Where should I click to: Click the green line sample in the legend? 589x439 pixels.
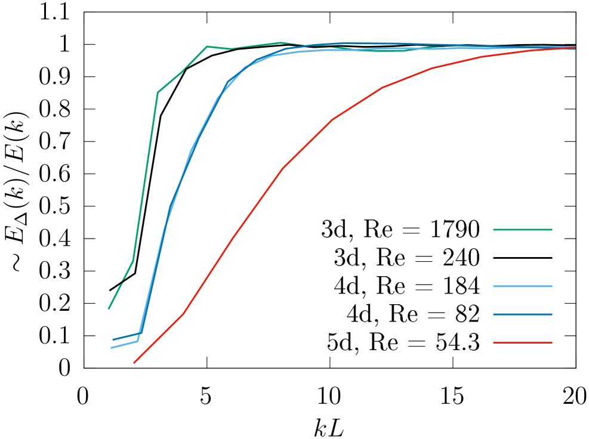click(522, 230)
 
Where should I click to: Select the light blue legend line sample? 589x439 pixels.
click(522, 286)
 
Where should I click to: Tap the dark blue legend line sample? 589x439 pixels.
click(522, 314)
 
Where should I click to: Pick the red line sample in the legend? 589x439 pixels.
click(522, 343)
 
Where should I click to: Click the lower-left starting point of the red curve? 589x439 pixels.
click(134, 363)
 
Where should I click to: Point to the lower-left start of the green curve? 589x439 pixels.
click(109, 308)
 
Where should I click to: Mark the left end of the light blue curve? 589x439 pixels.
click(111, 348)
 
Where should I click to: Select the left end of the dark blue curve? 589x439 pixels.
click(113, 340)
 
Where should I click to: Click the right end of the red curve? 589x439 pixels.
click(575, 47)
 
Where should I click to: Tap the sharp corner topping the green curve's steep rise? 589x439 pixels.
click(158, 92)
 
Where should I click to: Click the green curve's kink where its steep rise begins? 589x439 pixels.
click(133, 261)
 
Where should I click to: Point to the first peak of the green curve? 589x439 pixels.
click(206, 46)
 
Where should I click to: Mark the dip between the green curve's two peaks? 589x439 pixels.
click(230, 49)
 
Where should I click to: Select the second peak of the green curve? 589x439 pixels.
click(279, 43)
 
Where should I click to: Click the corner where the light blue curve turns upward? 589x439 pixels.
click(138, 341)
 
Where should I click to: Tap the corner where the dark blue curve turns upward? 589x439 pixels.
click(141, 333)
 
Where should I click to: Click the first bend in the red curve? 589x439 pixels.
click(183, 313)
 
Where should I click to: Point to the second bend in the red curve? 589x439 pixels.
click(232, 239)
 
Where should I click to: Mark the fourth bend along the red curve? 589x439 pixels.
click(332, 119)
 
